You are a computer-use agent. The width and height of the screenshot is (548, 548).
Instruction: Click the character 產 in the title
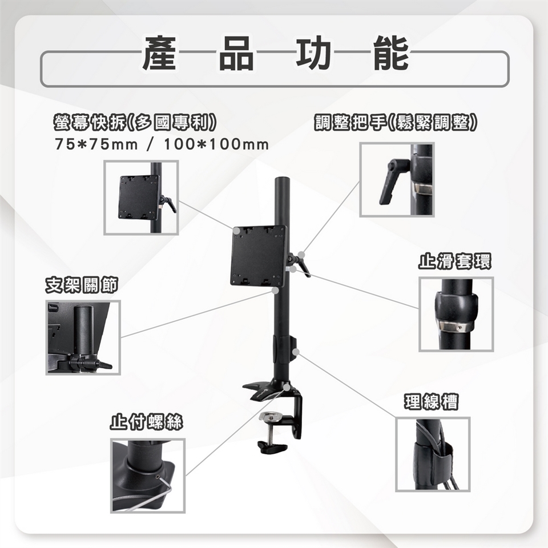159,53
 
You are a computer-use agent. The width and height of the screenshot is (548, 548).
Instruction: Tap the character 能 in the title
390,53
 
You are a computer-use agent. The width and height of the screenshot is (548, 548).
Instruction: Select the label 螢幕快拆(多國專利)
135,123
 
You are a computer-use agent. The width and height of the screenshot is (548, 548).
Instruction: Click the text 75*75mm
96,144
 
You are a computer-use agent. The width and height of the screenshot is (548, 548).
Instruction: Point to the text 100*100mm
216,144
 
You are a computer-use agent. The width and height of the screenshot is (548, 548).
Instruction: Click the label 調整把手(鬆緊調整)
395,123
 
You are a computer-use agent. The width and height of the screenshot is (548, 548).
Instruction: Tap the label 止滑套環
455,261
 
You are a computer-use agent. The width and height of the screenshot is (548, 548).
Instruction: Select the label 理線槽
431,401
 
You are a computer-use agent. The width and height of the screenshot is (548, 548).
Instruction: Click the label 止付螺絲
147,421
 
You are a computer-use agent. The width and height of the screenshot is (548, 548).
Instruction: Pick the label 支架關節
82,285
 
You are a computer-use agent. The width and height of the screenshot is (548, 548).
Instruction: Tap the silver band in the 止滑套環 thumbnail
454,327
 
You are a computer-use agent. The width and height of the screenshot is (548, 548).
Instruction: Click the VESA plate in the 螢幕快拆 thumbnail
139,197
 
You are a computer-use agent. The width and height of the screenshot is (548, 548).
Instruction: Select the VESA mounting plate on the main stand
258,256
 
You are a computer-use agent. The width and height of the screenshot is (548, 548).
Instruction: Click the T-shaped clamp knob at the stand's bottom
272,447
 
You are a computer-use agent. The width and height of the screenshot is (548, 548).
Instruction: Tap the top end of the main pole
283,179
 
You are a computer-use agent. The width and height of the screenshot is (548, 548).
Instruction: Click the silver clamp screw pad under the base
271,416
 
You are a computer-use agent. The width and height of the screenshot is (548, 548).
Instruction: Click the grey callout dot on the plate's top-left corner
237,231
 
